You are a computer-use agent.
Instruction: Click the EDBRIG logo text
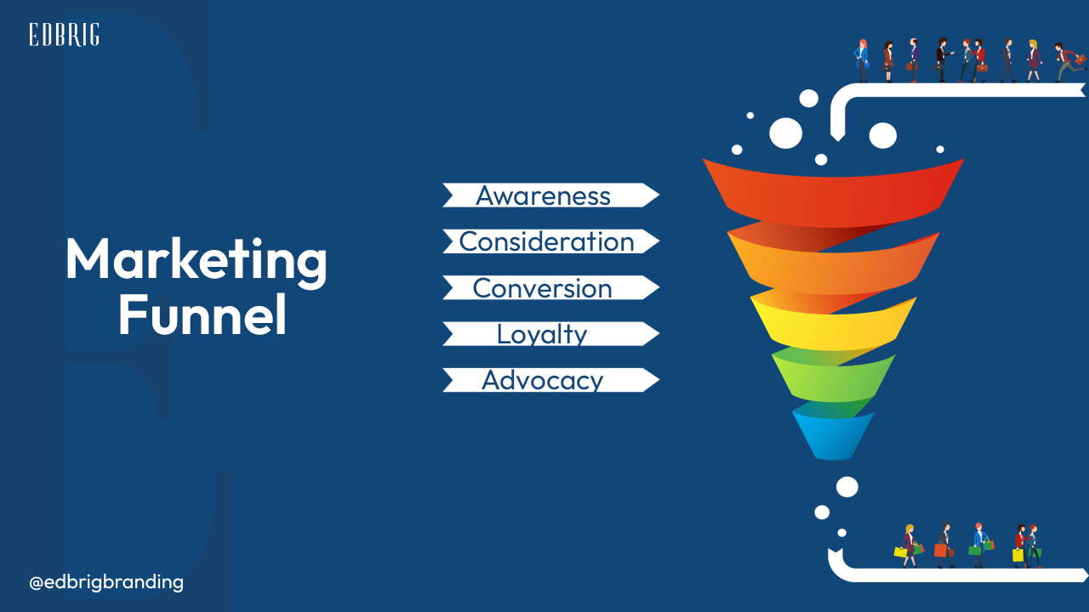coord(64,35)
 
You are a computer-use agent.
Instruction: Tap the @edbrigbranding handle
coord(106,582)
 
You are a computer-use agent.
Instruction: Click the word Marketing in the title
coord(197,261)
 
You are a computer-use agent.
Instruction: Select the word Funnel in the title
coord(202,314)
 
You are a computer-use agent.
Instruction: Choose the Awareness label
coord(543,195)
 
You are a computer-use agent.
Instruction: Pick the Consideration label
coord(547,241)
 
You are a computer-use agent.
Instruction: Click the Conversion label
coord(542,288)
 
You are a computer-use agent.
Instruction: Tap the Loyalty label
coord(542,334)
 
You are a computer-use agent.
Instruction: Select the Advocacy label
coord(543,380)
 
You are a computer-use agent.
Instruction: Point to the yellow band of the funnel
coord(833,325)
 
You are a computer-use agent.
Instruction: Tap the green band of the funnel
coord(833,379)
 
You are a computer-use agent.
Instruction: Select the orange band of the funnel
coord(833,264)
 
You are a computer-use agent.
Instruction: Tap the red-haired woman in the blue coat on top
coord(862,60)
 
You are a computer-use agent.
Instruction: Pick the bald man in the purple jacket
coord(914,60)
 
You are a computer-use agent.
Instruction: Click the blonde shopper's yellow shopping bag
coord(900,552)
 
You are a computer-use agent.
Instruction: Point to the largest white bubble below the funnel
coord(847,487)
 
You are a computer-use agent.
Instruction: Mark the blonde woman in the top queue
coord(1033,60)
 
